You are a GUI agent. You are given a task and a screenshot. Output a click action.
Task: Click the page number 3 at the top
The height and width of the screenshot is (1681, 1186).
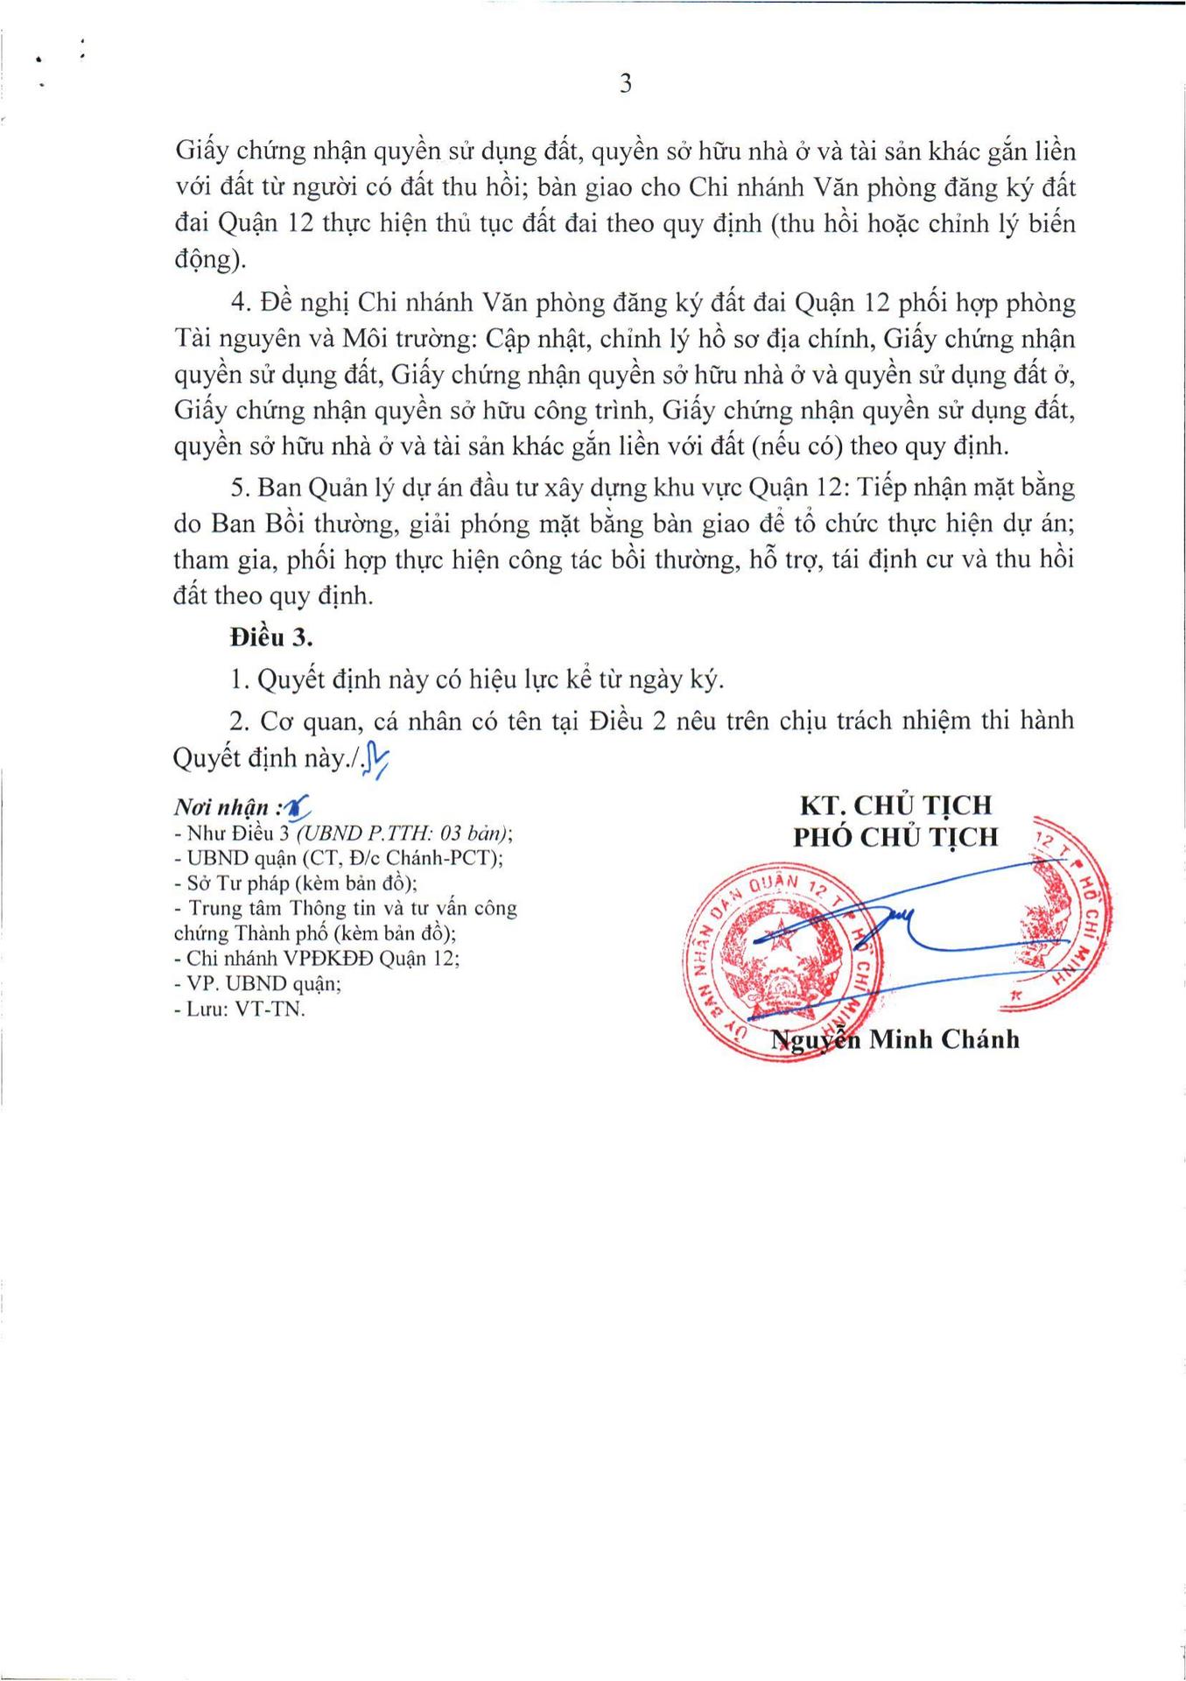(625, 84)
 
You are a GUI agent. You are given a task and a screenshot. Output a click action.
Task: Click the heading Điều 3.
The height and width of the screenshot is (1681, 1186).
(271, 637)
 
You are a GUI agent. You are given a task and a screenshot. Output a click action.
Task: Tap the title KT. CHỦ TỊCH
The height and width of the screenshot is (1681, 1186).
(896, 805)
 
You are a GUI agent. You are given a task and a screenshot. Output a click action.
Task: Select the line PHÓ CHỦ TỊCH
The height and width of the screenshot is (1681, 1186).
(895, 837)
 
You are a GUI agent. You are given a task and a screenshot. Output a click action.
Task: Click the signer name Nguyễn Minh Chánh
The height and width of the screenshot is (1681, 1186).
(895, 1039)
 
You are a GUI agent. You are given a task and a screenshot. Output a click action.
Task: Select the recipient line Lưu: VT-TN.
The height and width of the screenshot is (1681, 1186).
(246, 1009)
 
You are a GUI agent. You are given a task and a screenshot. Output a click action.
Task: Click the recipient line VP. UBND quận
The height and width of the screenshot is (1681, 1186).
(263, 983)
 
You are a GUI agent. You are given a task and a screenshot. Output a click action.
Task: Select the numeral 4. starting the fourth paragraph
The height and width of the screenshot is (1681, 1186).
(242, 303)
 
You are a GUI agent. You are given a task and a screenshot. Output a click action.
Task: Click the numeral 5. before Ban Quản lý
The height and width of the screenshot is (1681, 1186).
(241, 487)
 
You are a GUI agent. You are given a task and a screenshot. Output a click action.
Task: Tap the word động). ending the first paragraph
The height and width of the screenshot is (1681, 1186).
(210, 260)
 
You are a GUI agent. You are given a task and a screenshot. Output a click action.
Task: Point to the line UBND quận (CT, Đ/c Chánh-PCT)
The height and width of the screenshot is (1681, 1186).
(345, 858)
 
